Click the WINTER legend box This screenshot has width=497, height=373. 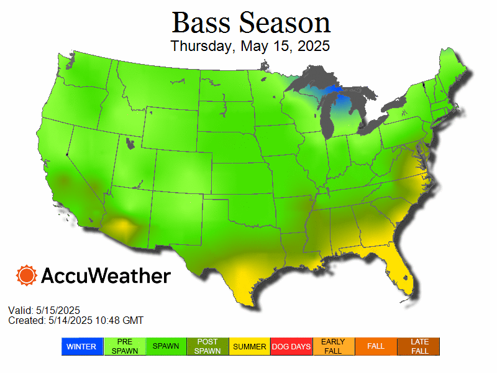pos(81,346)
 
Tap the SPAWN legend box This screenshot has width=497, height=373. pos(166,346)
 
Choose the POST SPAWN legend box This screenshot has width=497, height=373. pos(207,346)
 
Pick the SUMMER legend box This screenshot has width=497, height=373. pos(250,346)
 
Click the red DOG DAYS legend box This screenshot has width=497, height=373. pos(291,346)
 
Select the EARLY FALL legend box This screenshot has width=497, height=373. pos(334,346)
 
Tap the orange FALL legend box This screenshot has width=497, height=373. pos(376,346)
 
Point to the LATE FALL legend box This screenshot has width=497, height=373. pos(419,346)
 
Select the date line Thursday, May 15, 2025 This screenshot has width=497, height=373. pos(250,47)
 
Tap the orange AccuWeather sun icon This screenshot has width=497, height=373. pos(27,275)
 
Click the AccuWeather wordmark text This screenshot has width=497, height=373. pos(106,275)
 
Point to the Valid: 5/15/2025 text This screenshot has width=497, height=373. pos(44,310)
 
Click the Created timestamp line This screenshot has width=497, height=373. pos(75,320)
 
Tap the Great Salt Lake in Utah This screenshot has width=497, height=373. pos(129,144)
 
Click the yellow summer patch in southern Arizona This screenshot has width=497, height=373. pos(118,225)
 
